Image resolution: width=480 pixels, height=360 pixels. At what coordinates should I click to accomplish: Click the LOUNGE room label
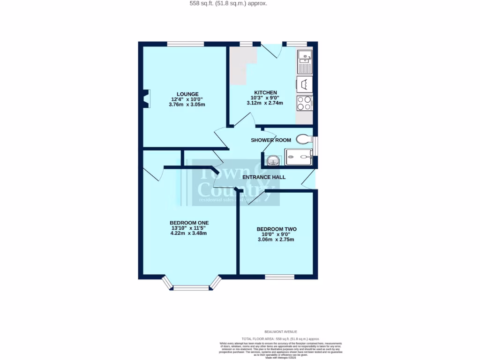[x=187, y=94]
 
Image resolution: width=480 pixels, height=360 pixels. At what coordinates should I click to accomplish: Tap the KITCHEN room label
[x=265, y=92]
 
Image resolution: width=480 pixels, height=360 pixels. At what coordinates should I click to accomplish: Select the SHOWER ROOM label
[x=270, y=140]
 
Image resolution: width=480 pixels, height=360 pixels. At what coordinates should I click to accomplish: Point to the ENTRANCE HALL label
[x=263, y=177]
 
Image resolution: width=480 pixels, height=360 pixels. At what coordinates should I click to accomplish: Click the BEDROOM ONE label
[x=189, y=223]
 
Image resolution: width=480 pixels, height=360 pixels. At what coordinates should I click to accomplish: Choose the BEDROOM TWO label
[x=276, y=229]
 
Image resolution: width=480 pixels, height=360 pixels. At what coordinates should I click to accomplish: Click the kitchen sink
[x=305, y=62]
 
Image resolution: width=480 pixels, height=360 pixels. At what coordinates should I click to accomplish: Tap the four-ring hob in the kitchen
[x=305, y=103]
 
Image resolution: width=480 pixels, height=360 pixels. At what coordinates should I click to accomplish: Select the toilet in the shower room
[x=305, y=139]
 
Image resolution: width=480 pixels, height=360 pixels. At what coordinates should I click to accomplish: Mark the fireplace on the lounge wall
[x=147, y=99]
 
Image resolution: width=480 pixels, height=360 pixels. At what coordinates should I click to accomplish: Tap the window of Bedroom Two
[x=279, y=277]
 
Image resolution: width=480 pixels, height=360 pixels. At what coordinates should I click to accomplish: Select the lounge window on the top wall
[x=186, y=44]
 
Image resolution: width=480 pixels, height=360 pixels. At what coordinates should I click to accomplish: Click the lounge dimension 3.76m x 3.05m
[x=187, y=105]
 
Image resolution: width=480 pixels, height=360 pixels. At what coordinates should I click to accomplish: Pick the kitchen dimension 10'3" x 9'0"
[x=265, y=97]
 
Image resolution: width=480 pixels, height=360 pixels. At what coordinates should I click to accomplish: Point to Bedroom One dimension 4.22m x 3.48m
[x=189, y=233]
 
